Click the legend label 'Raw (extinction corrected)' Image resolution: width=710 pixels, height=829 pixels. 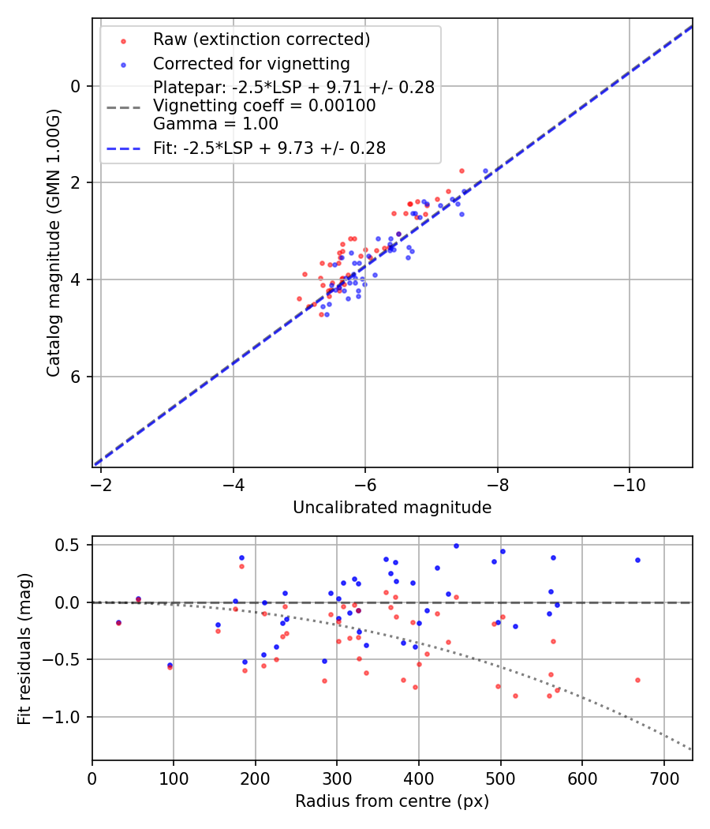(x=261, y=39)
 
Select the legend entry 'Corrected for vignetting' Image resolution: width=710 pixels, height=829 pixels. (x=252, y=63)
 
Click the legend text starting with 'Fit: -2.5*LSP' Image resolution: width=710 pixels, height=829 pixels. (x=269, y=148)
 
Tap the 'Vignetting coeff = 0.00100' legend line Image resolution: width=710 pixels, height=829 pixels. (x=264, y=106)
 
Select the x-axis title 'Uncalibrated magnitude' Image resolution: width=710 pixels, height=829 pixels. (x=392, y=508)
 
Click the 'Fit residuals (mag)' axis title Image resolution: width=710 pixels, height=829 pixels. (x=24, y=648)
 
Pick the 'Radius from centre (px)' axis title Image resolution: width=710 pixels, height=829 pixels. (x=392, y=801)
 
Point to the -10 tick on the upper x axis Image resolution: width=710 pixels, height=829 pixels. (x=629, y=483)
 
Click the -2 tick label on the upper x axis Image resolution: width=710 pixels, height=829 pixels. (x=101, y=483)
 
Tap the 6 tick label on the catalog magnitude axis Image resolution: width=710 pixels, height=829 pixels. (x=76, y=377)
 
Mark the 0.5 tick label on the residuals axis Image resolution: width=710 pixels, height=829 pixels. (x=71, y=545)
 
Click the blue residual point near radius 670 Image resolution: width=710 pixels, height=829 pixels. (x=637, y=560)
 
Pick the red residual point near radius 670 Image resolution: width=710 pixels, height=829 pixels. (x=637, y=680)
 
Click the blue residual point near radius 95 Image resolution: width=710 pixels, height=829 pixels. (x=170, y=665)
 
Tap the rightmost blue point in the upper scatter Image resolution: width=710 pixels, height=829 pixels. (x=486, y=171)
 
